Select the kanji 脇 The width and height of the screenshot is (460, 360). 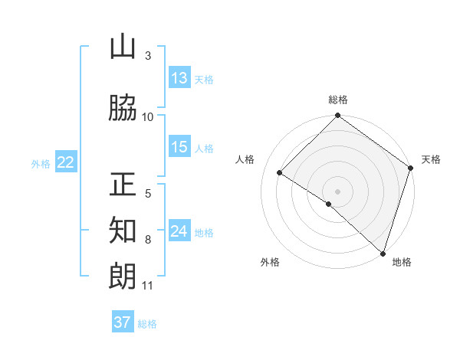[123, 109]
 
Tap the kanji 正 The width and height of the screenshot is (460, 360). [123, 185]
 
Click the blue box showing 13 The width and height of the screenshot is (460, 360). [179, 78]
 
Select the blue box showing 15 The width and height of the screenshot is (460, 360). [179, 147]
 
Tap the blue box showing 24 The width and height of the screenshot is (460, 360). [179, 231]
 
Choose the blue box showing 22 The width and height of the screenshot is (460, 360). [65, 162]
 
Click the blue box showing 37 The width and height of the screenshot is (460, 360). [123, 322]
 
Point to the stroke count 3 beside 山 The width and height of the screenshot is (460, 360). [148, 56]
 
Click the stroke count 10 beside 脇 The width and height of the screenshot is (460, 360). [148, 117]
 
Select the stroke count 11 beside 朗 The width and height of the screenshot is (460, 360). [148, 286]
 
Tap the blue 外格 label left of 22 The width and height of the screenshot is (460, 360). [41, 163]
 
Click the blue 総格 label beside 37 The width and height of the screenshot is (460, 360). [147, 324]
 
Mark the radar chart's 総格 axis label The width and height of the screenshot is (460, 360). [338, 100]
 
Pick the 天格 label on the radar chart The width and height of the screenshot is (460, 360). [431, 159]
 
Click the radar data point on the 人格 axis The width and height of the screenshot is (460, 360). [280, 173]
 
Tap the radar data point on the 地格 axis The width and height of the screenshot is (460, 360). [383, 252]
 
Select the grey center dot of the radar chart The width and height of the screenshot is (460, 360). [337, 191]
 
